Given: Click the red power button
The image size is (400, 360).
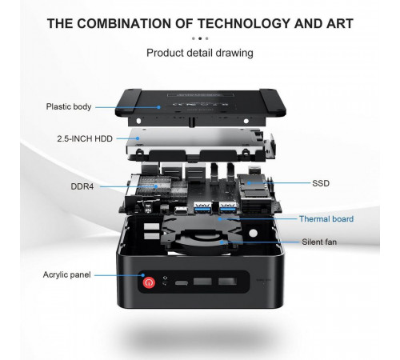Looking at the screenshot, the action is [149, 282].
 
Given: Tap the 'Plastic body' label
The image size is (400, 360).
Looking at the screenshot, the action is [69, 106].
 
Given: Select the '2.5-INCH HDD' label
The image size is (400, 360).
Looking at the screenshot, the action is [85, 138].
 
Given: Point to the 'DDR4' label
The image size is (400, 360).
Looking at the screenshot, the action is [82, 186].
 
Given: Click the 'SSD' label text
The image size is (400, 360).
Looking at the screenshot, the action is [321, 183].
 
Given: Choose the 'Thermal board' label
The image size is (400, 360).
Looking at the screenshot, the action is [326, 219].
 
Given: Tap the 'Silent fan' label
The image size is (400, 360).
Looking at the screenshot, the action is [319, 242].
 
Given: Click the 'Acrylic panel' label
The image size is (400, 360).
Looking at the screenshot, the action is [67, 274].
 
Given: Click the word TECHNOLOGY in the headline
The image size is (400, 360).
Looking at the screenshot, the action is [244, 23].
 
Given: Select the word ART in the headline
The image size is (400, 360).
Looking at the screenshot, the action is [340, 23].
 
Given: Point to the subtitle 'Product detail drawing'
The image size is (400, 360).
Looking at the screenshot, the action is [200, 53].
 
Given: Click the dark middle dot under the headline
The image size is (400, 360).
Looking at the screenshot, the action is [200, 38].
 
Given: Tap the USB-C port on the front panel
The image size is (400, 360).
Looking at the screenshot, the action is [182, 282].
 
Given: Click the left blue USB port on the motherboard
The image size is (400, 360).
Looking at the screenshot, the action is [202, 207].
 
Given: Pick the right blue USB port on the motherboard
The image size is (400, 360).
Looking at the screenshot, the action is [228, 207].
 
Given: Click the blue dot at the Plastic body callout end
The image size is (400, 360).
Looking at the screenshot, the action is [158, 107].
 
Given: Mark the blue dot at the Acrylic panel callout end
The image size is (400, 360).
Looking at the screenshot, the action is [143, 275].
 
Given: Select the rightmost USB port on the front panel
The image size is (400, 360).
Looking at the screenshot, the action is [227, 282].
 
